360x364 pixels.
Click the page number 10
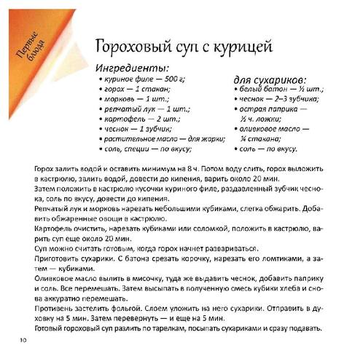[24, 340]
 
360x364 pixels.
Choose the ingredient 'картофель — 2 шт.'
[138, 124]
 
